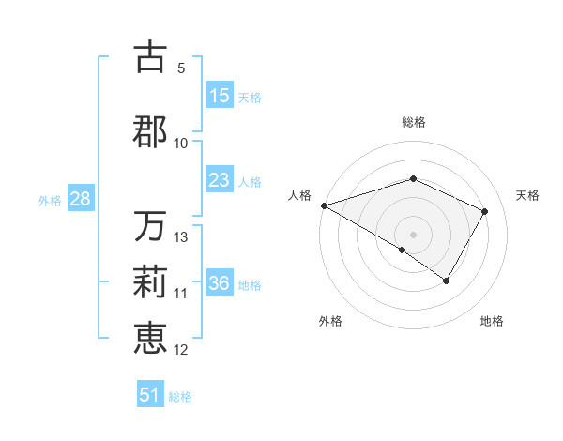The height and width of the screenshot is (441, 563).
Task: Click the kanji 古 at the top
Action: point(150,57)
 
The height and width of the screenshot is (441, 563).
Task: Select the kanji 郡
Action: point(150,131)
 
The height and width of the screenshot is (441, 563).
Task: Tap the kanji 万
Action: point(150,226)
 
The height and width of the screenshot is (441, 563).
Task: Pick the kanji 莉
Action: point(150,282)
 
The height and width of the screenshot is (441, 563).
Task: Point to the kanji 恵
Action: point(150,339)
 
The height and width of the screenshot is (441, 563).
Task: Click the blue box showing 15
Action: point(220,96)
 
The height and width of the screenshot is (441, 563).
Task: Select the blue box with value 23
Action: point(220,180)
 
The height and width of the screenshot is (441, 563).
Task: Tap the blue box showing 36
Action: point(220,283)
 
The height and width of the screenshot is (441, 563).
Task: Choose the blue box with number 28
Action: point(80,199)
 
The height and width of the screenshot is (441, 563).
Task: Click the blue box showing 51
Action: point(150,395)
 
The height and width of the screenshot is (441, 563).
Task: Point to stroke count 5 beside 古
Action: point(181,68)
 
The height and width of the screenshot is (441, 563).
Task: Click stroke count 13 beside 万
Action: point(181,237)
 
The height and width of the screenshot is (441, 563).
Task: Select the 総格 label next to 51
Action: point(180,397)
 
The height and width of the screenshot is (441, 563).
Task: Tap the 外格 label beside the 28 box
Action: point(50,200)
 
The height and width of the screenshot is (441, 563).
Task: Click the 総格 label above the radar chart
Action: point(413,122)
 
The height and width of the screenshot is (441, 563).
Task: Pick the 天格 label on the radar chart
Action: point(528,195)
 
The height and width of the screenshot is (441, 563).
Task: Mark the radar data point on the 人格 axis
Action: point(324,205)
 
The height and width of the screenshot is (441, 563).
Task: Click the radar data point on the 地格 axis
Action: point(447,281)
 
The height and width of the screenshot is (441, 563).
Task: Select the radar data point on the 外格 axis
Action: point(403,250)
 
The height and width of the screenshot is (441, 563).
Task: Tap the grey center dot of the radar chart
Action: point(413,234)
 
